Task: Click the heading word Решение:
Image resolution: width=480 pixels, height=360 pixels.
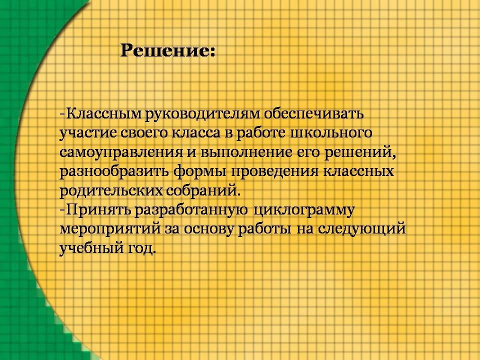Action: [x=168, y=50]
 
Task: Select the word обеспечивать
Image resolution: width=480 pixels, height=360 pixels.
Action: [x=314, y=113]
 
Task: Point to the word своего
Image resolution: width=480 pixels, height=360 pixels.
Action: [x=144, y=133]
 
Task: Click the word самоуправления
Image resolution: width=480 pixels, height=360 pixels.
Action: [x=121, y=152]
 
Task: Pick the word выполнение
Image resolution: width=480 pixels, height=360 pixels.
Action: [x=246, y=152]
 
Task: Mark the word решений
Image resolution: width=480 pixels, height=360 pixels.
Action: [x=360, y=152]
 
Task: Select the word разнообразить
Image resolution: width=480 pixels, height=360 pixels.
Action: [x=114, y=171]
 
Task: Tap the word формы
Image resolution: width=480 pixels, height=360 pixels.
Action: [x=200, y=171]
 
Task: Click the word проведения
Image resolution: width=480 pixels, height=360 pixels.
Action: [x=275, y=171]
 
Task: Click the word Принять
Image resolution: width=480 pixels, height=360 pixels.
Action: [x=99, y=210]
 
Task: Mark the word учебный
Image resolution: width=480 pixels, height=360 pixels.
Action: [x=91, y=248]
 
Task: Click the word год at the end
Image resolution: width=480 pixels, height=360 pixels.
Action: [x=141, y=248]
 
